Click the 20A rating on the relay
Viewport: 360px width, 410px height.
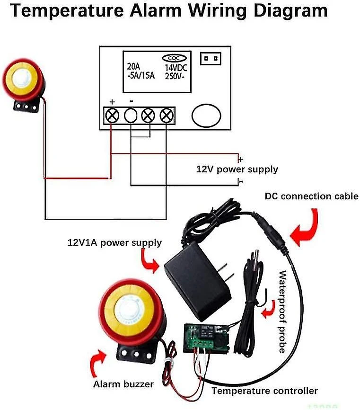click(134, 67)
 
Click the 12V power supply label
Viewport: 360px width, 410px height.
click(237, 169)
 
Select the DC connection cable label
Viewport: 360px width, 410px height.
click(312, 196)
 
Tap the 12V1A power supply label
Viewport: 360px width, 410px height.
click(114, 243)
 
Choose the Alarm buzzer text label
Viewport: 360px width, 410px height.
click(123, 384)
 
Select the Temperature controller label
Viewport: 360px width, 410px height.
click(264, 391)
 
